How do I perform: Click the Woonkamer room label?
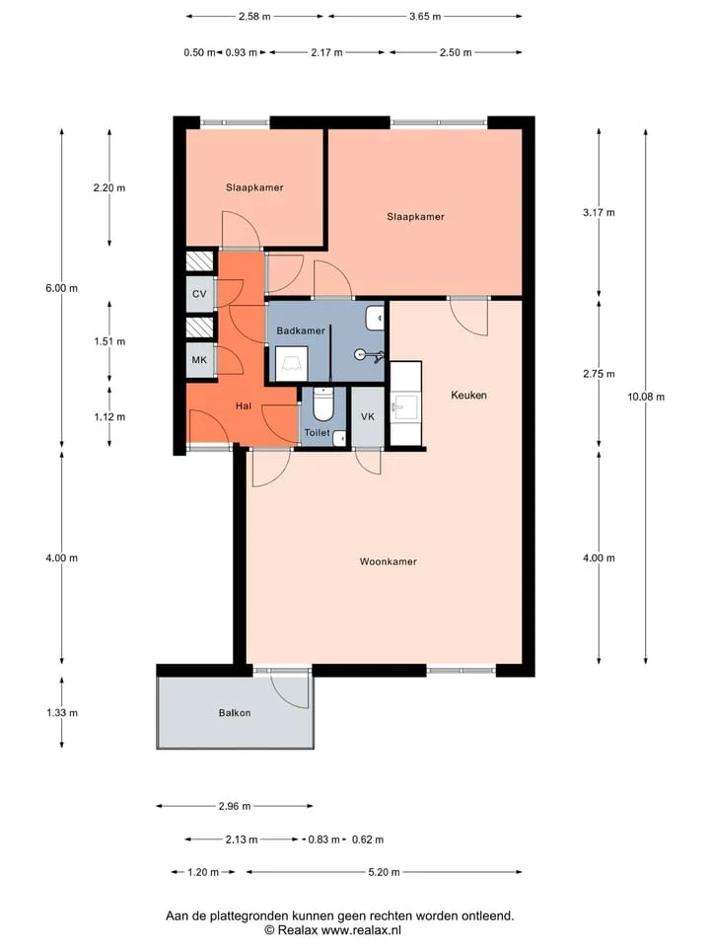tap(389, 561)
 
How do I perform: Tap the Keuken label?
tap(468, 395)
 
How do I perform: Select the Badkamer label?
tap(301, 330)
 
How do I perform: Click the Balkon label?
tap(235, 712)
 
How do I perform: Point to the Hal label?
tap(244, 405)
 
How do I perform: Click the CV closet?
tap(200, 294)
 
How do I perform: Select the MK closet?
tap(200, 360)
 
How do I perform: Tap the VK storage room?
tap(368, 416)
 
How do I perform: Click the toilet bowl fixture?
tap(323, 403)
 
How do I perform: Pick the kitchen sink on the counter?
tap(405, 407)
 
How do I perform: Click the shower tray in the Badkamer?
tap(292, 364)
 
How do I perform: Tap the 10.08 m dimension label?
tap(646, 397)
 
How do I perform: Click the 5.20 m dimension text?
tap(384, 872)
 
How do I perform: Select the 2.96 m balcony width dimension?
tap(235, 806)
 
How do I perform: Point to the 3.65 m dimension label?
tap(425, 17)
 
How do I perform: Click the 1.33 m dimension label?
tap(62, 712)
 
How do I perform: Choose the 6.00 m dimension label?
tap(61, 288)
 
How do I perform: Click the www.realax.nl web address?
tap(361, 930)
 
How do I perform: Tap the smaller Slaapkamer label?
tap(254, 187)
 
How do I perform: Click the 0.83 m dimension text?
tap(324, 839)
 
